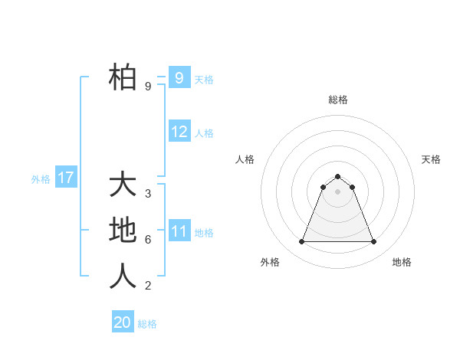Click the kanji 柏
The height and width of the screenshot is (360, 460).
click(123, 77)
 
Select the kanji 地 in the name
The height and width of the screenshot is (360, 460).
click(123, 230)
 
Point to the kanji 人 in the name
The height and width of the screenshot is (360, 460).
click(123, 276)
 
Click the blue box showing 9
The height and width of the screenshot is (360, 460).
click(179, 77)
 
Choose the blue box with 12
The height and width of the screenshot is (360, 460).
click(179, 132)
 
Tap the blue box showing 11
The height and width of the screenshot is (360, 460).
click(179, 231)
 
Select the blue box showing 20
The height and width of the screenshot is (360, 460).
click(123, 322)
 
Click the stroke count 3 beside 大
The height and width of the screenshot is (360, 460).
click(148, 194)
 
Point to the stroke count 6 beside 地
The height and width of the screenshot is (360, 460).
click(148, 240)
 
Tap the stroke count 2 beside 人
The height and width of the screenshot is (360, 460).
click(148, 286)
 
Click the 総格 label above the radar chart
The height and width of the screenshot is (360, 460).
click(338, 100)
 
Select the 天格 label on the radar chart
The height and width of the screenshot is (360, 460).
click(431, 159)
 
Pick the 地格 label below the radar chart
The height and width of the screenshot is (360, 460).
click(402, 262)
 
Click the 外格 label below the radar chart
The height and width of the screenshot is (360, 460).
click(270, 262)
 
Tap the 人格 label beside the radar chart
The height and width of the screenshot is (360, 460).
click(245, 159)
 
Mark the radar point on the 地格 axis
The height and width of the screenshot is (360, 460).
click(373, 242)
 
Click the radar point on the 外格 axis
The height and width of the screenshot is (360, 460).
click(301, 242)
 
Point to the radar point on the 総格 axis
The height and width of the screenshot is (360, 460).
click(338, 176)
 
